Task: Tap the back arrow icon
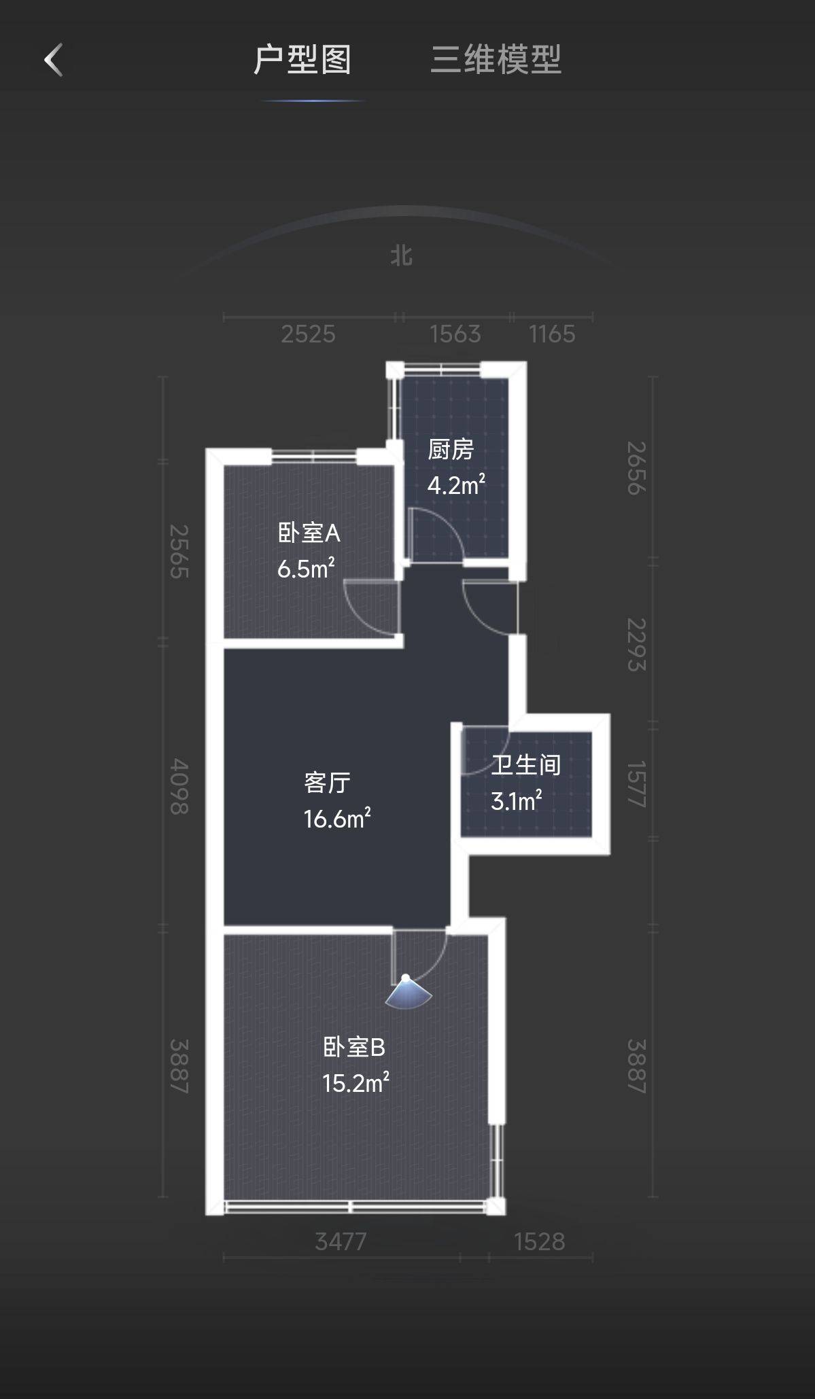click(x=54, y=60)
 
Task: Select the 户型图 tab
click(x=302, y=60)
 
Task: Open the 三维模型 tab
click(x=496, y=60)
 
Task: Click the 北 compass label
click(x=402, y=256)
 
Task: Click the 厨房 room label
click(x=451, y=450)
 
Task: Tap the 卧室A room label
click(x=309, y=533)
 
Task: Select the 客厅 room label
click(x=327, y=783)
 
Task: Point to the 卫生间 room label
click(x=525, y=765)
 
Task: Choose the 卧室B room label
click(x=354, y=1047)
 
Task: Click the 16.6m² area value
click(x=337, y=819)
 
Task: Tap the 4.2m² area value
click(x=456, y=485)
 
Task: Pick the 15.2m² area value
click(x=356, y=1082)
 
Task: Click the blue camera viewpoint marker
click(x=407, y=992)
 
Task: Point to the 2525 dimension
click(x=309, y=334)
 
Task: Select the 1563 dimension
click(x=455, y=334)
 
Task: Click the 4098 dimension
click(x=179, y=786)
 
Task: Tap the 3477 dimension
click(x=341, y=1241)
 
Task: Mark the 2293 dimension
click(x=636, y=645)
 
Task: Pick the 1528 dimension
click(x=540, y=1241)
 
